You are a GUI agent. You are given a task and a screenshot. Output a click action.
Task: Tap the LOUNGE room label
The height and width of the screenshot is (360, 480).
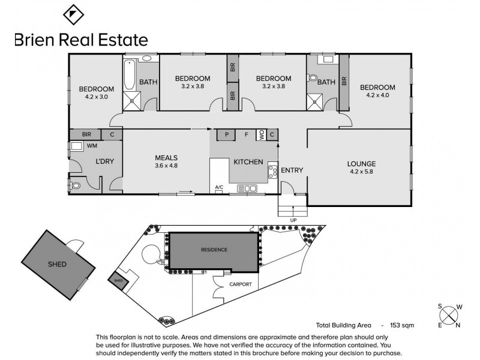click(362, 163)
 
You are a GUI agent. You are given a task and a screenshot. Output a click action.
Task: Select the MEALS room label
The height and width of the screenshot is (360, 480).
click(166, 157)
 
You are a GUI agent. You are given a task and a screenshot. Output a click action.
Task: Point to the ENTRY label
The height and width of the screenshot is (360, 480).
click(292, 170)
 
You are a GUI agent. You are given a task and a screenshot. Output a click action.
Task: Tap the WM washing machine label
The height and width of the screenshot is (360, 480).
click(92, 145)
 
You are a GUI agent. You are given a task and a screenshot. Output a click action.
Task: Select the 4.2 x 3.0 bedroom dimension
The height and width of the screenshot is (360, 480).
click(93, 97)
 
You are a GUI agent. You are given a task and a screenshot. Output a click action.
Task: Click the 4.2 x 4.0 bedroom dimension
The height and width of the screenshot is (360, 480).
click(377, 95)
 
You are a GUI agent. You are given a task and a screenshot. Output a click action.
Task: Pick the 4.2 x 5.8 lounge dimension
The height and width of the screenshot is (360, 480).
click(362, 172)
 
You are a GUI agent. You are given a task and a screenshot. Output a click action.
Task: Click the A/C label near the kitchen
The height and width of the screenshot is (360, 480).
click(219, 188)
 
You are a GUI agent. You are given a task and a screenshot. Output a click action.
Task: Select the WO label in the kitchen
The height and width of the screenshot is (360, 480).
click(261, 135)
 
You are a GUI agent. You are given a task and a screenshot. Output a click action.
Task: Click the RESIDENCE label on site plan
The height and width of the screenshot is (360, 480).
click(214, 250)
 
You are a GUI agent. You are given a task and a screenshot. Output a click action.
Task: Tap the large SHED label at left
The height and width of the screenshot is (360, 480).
click(57, 264)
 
